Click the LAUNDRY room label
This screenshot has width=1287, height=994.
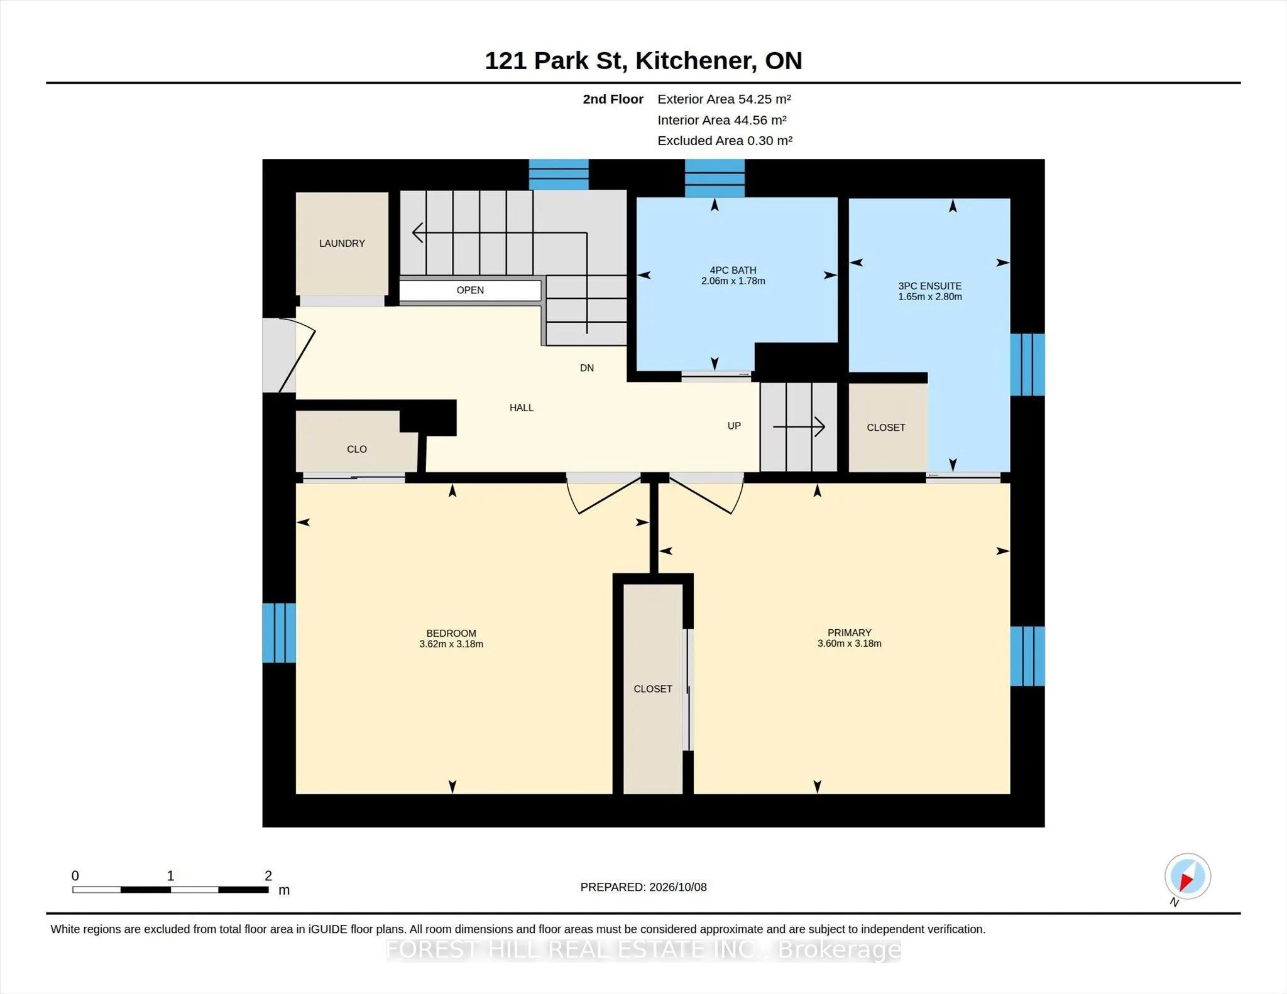pyautogui.click(x=342, y=243)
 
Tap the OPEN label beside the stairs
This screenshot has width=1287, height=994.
pyautogui.click(x=470, y=290)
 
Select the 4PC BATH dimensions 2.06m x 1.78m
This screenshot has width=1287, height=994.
pyautogui.click(x=733, y=281)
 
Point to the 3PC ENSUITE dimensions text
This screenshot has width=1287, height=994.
pyautogui.click(x=930, y=296)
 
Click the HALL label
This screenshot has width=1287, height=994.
pyautogui.click(x=522, y=408)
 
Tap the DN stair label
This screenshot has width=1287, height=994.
pyautogui.click(x=587, y=368)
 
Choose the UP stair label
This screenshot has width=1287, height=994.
pyautogui.click(x=734, y=426)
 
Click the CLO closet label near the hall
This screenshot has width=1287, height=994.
pyautogui.click(x=357, y=449)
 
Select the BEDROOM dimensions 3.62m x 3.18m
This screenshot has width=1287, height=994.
pyautogui.click(x=451, y=644)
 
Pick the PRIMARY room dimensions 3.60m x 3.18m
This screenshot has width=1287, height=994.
pyautogui.click(x=850, y=643)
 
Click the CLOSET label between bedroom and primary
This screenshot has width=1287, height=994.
pyautogui.click(x=653, y=689)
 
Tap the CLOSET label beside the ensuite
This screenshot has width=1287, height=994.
pyautogui.click(x=886, y=428)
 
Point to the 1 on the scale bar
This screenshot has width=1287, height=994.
pyautogui.click(x=170, y=875)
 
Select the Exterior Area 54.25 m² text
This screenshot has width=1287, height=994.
pyautogui.click(x=724, y=99)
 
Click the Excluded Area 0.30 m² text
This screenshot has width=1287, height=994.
pyautogui.click(x=725, y=141)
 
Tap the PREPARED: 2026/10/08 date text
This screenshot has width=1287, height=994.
pyautogui.click(x=643, y=887)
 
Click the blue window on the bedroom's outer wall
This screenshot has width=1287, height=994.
pyautogui.click(x=279, y=633)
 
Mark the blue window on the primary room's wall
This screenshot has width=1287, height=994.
pyautogui.click(x=1027, y=656)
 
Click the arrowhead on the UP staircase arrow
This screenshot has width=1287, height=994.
pyautogui.click(x=821, y=427)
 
